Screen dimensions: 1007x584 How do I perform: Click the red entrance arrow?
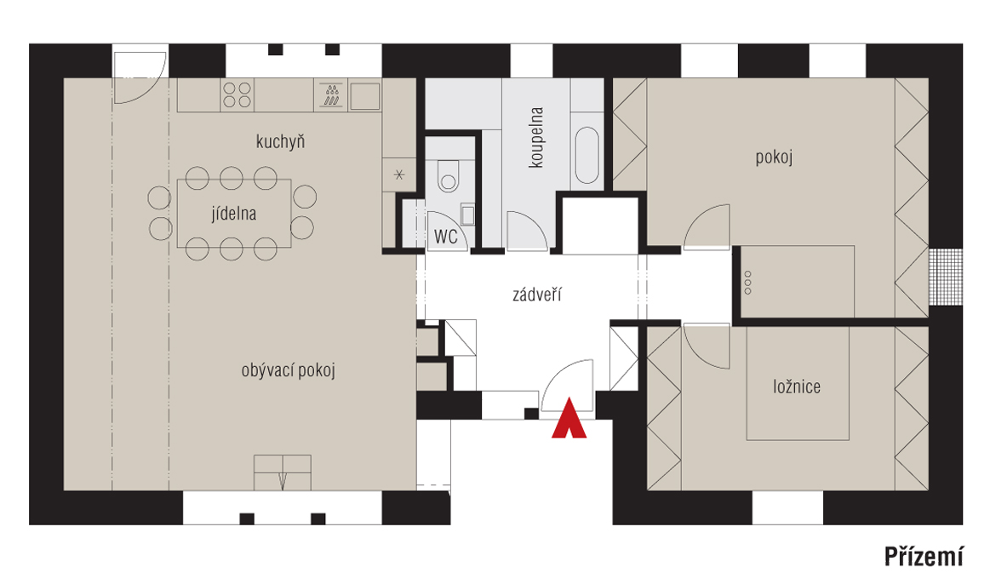click(x=569, y=419)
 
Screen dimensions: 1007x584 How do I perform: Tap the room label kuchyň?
click(x=280, y=141)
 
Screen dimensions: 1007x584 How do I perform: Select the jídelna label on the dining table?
click(x=234, y=214)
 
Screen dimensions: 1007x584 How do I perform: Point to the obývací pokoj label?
click(x=289, y=370)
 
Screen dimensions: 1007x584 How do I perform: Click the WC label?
click(x=446, y=237)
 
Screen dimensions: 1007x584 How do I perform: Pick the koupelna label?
click(x=535, y=138)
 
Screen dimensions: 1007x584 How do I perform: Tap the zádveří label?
click(x=537, y=295)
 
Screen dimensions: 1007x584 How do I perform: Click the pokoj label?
click(x=774, y=157)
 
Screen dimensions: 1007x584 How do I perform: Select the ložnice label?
click(x=797, y=386)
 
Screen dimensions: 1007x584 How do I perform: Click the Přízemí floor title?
click(x=924, y=557)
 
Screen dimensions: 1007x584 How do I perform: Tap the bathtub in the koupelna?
click(x=587, y=156)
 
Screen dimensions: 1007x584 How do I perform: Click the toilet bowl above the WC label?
click(x=449, y=175)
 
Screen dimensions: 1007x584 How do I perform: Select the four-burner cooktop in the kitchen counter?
click(x=237, y=95)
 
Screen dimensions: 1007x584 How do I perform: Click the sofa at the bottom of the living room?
click(x=283, y=472)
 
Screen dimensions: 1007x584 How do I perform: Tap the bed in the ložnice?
click(x=798, y=384)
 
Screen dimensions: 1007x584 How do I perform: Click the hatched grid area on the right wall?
click(x=946, y=277)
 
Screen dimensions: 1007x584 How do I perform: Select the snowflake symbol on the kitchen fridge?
click(x=399, y=175)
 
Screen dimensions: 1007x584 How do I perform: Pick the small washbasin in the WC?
click(x=467, y=215)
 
